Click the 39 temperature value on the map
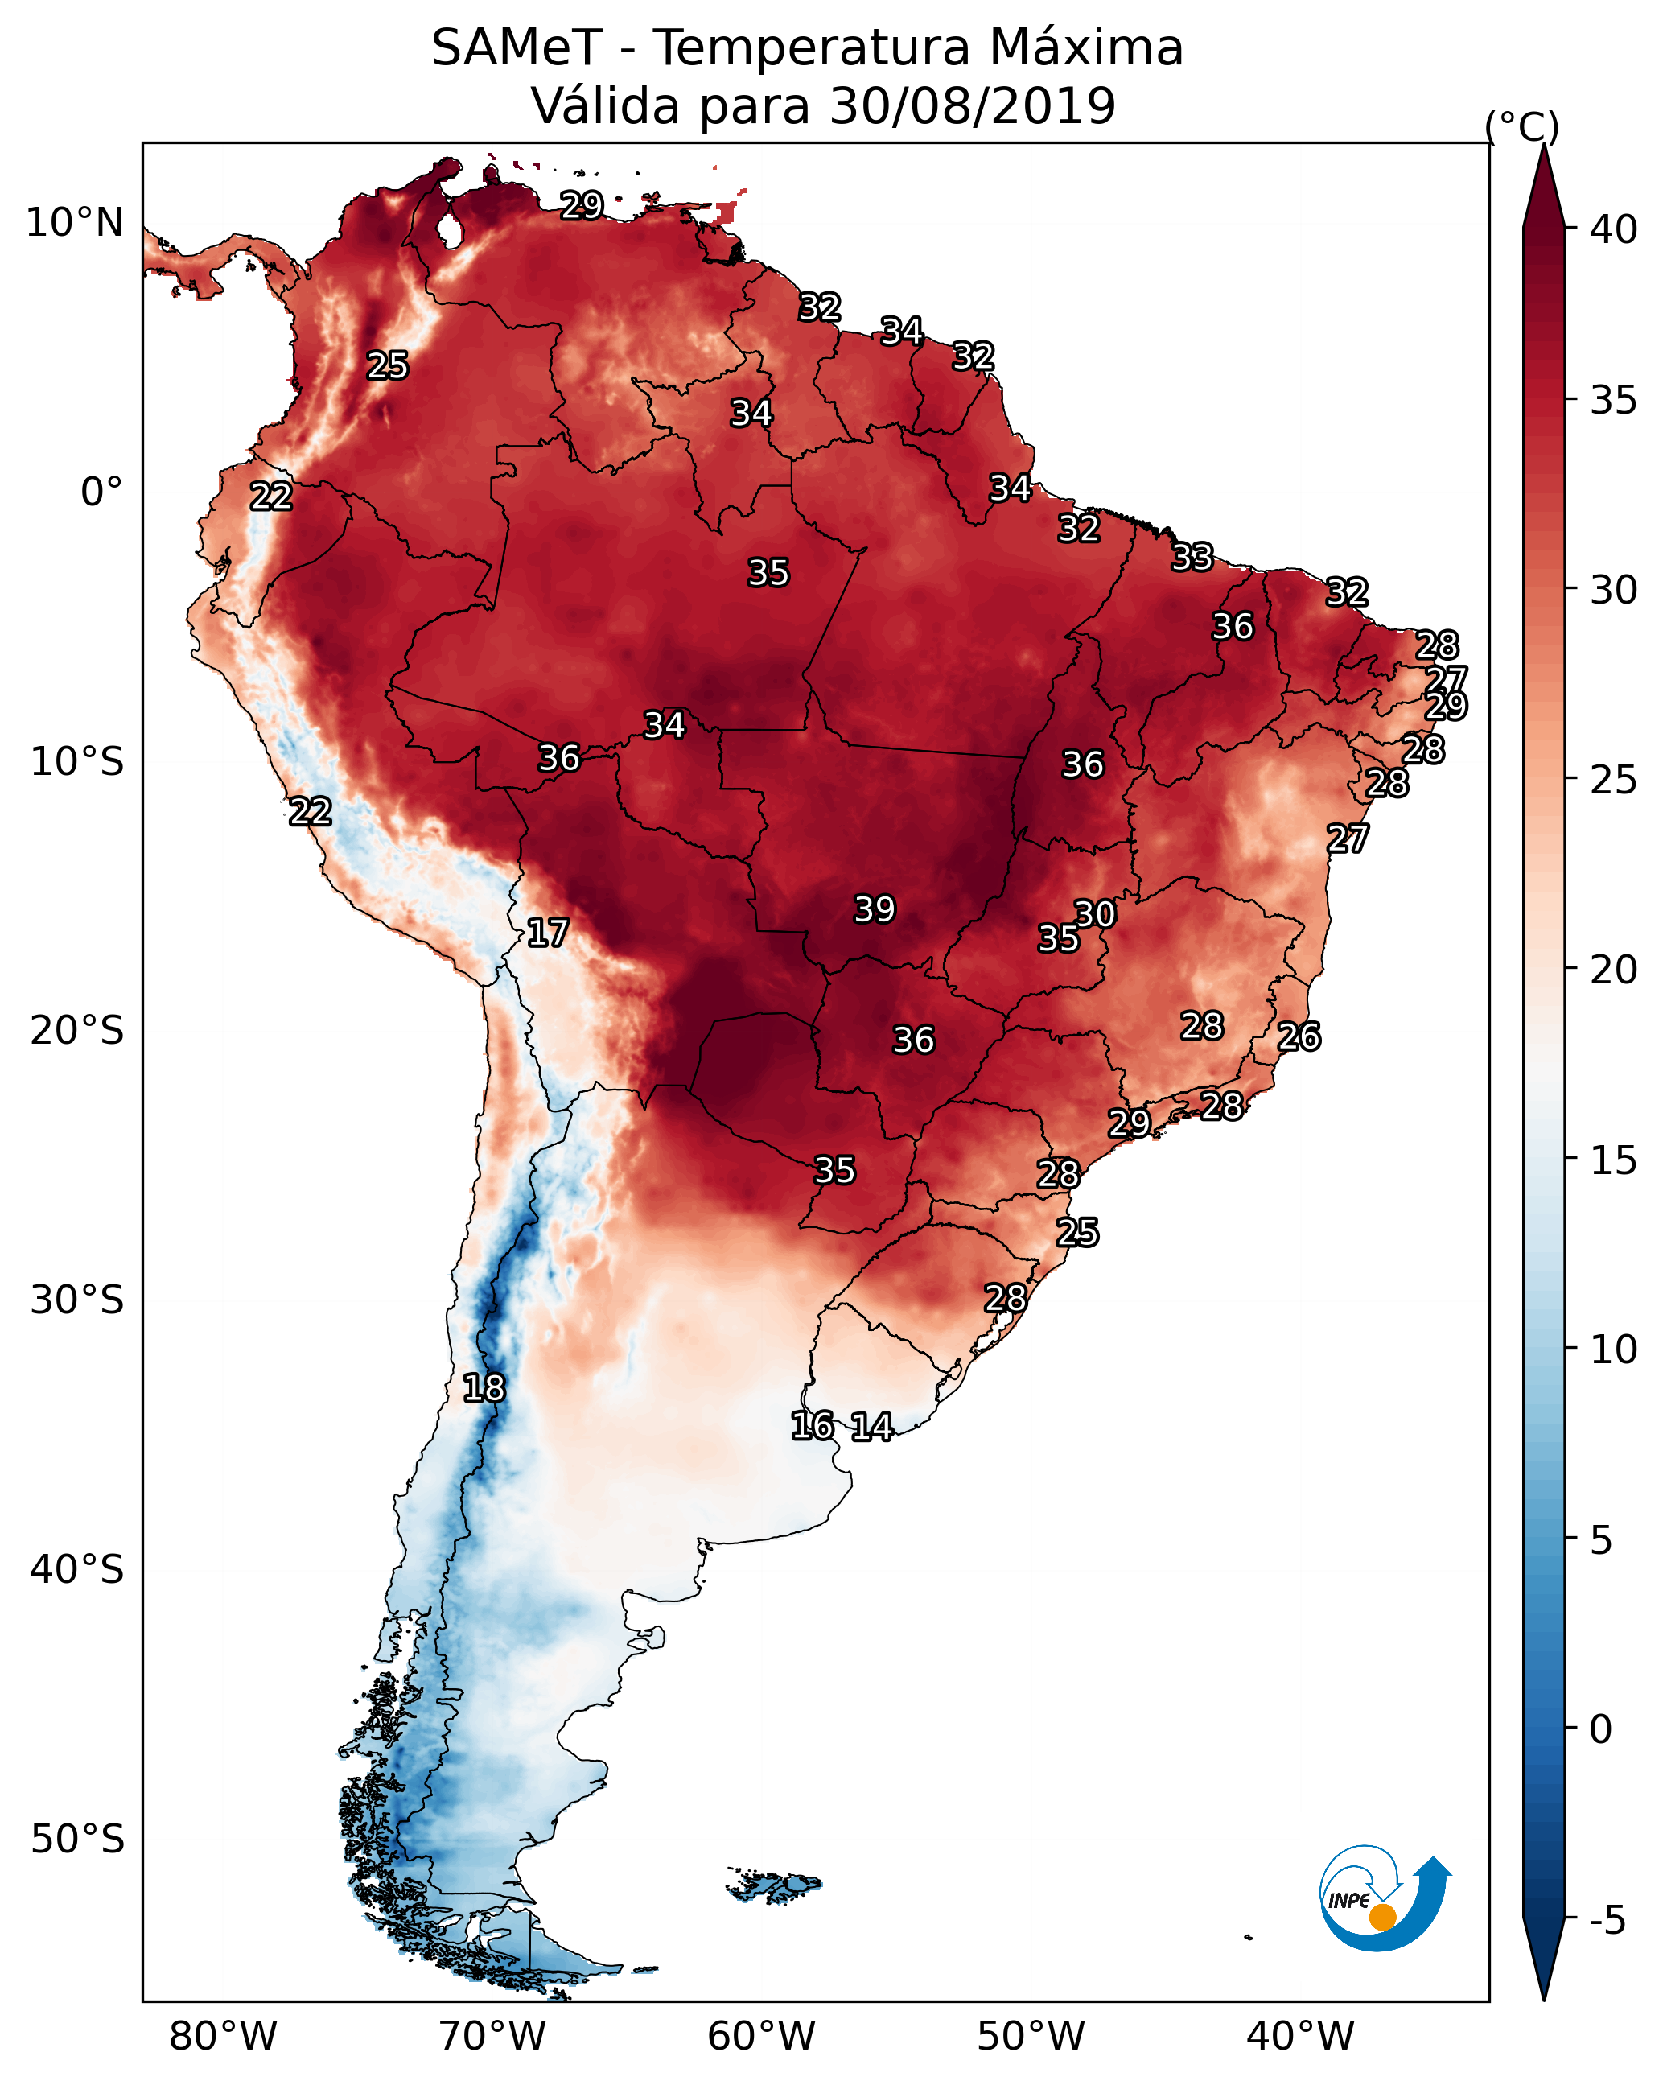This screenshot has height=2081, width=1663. [x=875, y=909]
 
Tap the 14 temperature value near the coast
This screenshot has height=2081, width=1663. [x=871, y=1427]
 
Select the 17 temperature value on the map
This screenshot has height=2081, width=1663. [x=547, y=933]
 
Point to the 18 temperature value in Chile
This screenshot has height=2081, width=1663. [x=484, y=1388]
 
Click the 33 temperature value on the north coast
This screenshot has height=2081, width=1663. [x=1192, y=557]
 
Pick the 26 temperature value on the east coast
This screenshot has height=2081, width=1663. [x=1299, y=1036]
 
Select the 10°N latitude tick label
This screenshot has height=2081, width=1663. [x=74, y=223]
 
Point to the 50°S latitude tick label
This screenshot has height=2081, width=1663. [x=77, y=1840]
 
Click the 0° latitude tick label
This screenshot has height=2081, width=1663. [x=101, y=492]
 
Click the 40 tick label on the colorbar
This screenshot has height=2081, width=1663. [x=1614, y=229]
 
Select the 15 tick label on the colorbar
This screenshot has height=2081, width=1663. [x=1614, y=1160]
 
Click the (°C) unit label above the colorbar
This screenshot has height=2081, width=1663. [x=1522, y=126]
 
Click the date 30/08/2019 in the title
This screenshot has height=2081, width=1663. [x=973, y=105]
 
